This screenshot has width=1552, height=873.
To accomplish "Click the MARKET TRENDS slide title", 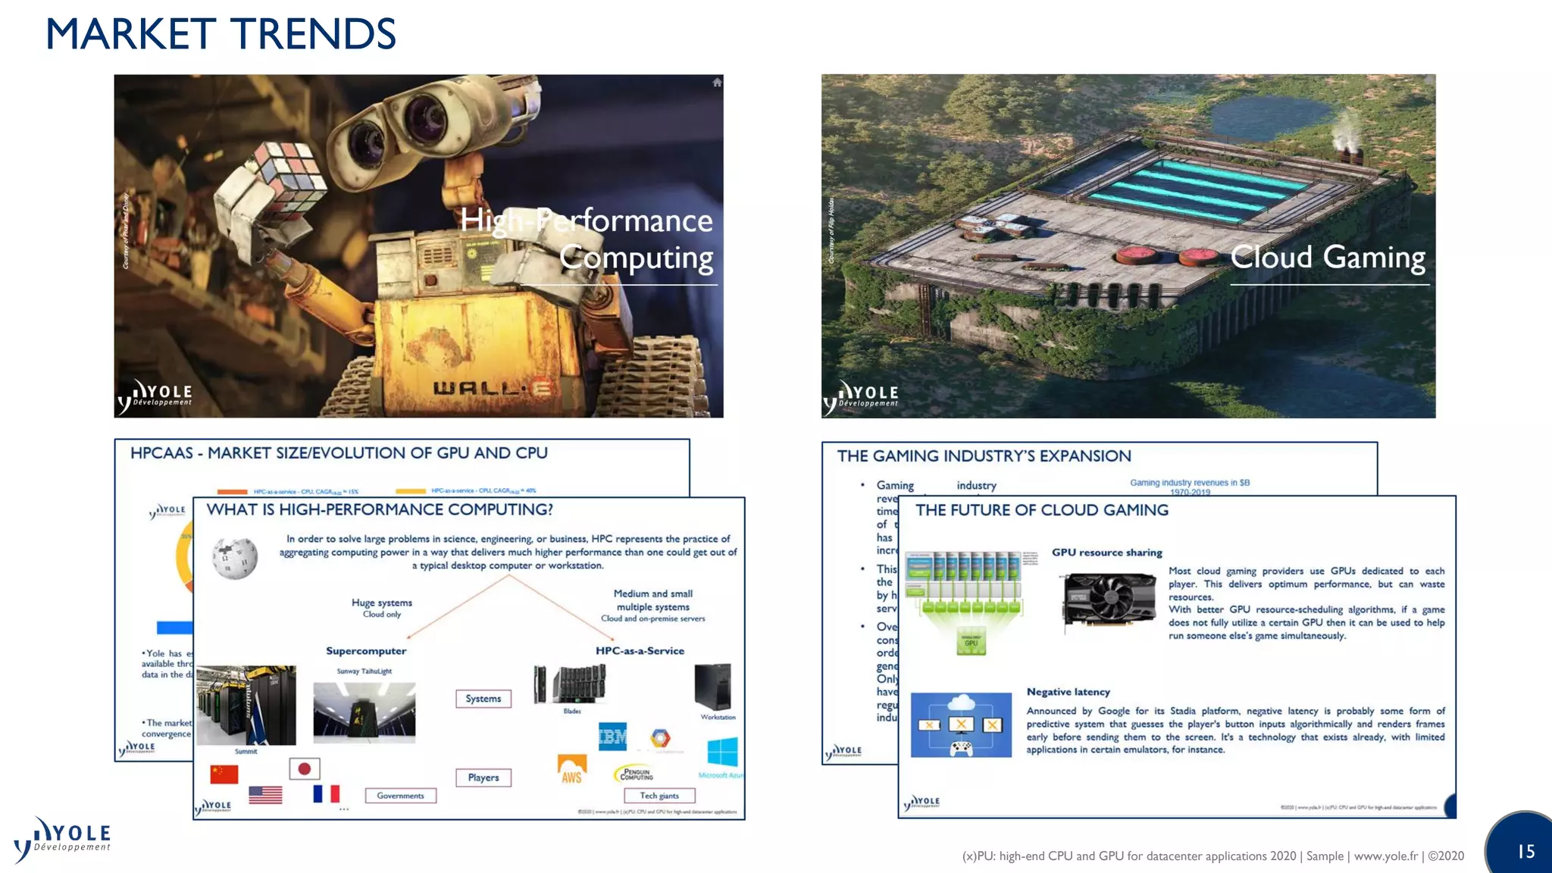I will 221,35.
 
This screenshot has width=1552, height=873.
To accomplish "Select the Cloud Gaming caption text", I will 1327,258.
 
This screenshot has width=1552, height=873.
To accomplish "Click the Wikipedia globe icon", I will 235,559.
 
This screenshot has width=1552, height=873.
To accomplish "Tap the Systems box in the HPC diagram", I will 483,699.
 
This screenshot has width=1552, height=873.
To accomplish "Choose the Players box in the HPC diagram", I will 483,778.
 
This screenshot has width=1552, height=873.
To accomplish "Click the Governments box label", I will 401,796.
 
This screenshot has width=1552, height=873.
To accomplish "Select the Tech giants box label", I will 659,796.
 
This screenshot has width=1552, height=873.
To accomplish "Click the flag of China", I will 224,774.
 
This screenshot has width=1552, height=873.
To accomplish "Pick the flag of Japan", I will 305,769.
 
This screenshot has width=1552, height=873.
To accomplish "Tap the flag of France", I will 327,794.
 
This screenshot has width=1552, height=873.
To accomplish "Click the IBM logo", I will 612,736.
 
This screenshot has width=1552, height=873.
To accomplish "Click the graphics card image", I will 1109,602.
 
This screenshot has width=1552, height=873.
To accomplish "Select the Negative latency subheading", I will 1068,692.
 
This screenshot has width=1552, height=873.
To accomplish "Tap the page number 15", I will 1525,852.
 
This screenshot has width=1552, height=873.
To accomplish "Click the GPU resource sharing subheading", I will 1106,552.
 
